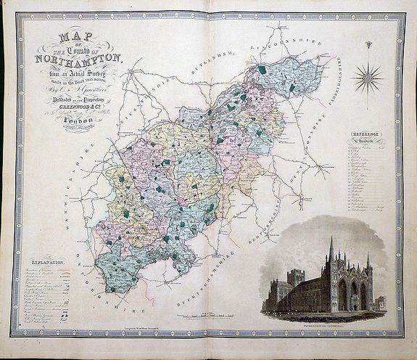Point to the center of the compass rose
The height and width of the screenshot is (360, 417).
point(370,77)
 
